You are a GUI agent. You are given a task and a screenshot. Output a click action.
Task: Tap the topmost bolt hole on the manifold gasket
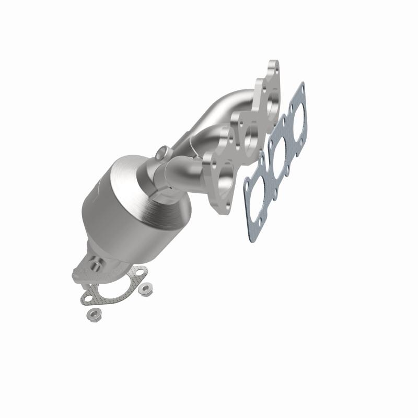300,88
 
